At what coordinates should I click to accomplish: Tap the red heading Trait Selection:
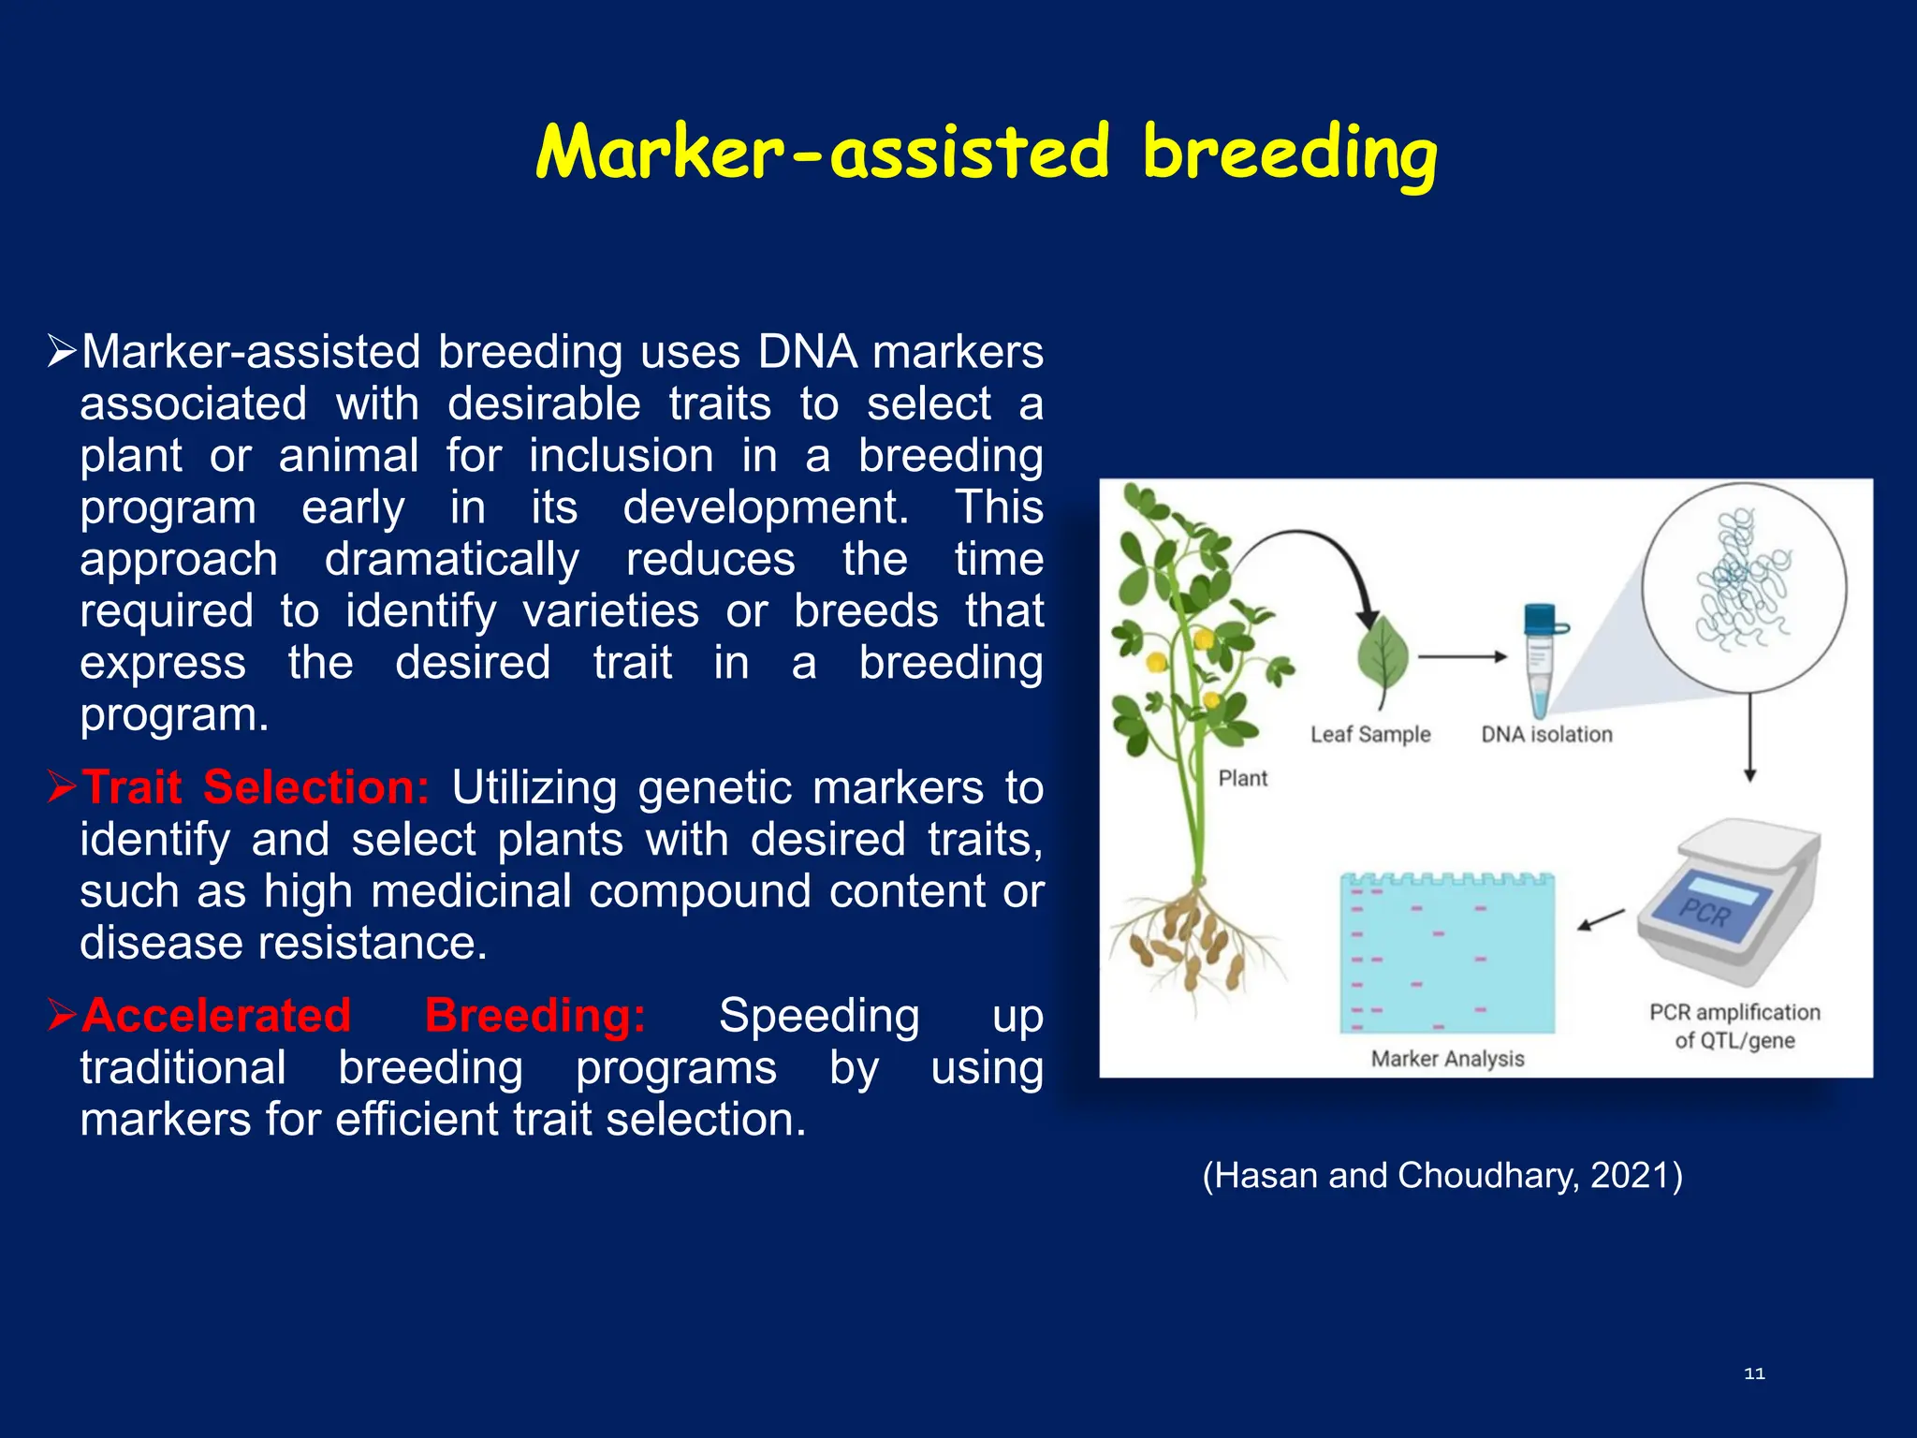tap(255, 787)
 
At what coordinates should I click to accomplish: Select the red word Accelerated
tap(216, 1016)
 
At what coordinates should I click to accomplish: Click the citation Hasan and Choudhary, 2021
tap(1442, 1175)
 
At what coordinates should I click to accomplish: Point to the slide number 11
tap(1754, 1373)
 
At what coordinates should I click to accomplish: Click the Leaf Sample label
tap(1370, 735)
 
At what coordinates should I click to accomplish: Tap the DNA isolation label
tap(1546, 735)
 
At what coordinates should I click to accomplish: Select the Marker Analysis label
tap(1447, 1059)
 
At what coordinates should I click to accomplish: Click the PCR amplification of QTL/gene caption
tap(1734, 1026)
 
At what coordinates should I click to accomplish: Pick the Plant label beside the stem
tap(1242, 779)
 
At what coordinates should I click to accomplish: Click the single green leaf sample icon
tap(1383, 655)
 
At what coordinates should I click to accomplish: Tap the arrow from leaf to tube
tap(1462, 657)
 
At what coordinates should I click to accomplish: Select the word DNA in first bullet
tap(807, 353)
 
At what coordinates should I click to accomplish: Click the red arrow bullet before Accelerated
tap(62, 1015)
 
